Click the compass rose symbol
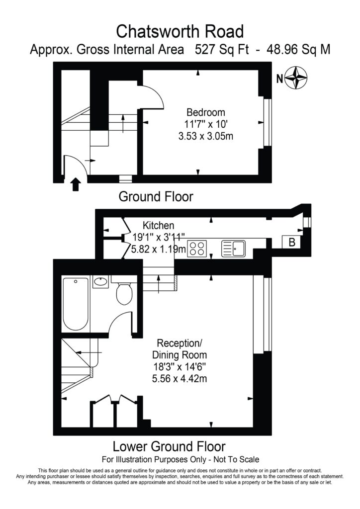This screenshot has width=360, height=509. pyautogui.click(x=296, y=78)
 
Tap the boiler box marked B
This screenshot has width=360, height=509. pyautogui.click(x=291, y=242)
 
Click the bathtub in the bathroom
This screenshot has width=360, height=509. pyautogui.click(x=76, y=304)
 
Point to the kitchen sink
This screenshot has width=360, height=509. pyautogui.click(x=233, y=249)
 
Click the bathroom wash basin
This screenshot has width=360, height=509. pyautogui.click(x=100, y=281)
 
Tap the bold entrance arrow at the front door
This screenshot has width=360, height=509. pyautogui.click(x=76, y=184)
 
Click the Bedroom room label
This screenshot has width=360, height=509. pyautogui.click(x=206, y=113)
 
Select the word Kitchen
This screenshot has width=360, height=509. pyautogui.click(x=159, y=225)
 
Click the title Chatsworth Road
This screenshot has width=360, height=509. pyautogui.click(x=180, y=31)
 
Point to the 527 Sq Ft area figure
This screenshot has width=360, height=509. pyautogui.click(x=222, y=50)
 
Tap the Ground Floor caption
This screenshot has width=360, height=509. pyautogui.click(x=156, y=197)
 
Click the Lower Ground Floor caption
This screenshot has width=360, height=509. pyautogui.click(x=169, y=447)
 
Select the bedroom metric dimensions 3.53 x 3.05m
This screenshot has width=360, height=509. pyautogui.click(x=206, y=136)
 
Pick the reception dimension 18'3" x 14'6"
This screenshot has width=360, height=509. pyautogui.click(x=180, y=367)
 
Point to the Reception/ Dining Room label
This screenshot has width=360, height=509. pyautogui.click(x=180, y=348)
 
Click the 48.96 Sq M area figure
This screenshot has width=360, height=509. pyautogui.click(x=298, y=50)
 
